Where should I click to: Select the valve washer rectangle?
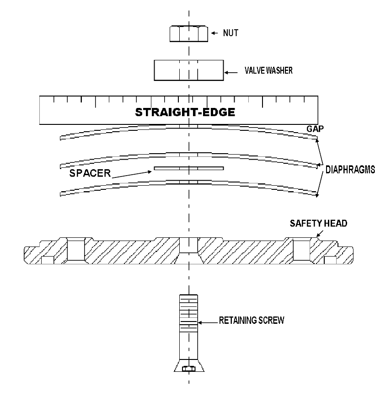[x=189, y=70]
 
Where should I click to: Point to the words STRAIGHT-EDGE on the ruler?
[x=185, y=112]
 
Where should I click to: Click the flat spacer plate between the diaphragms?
[x=189, y=168]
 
